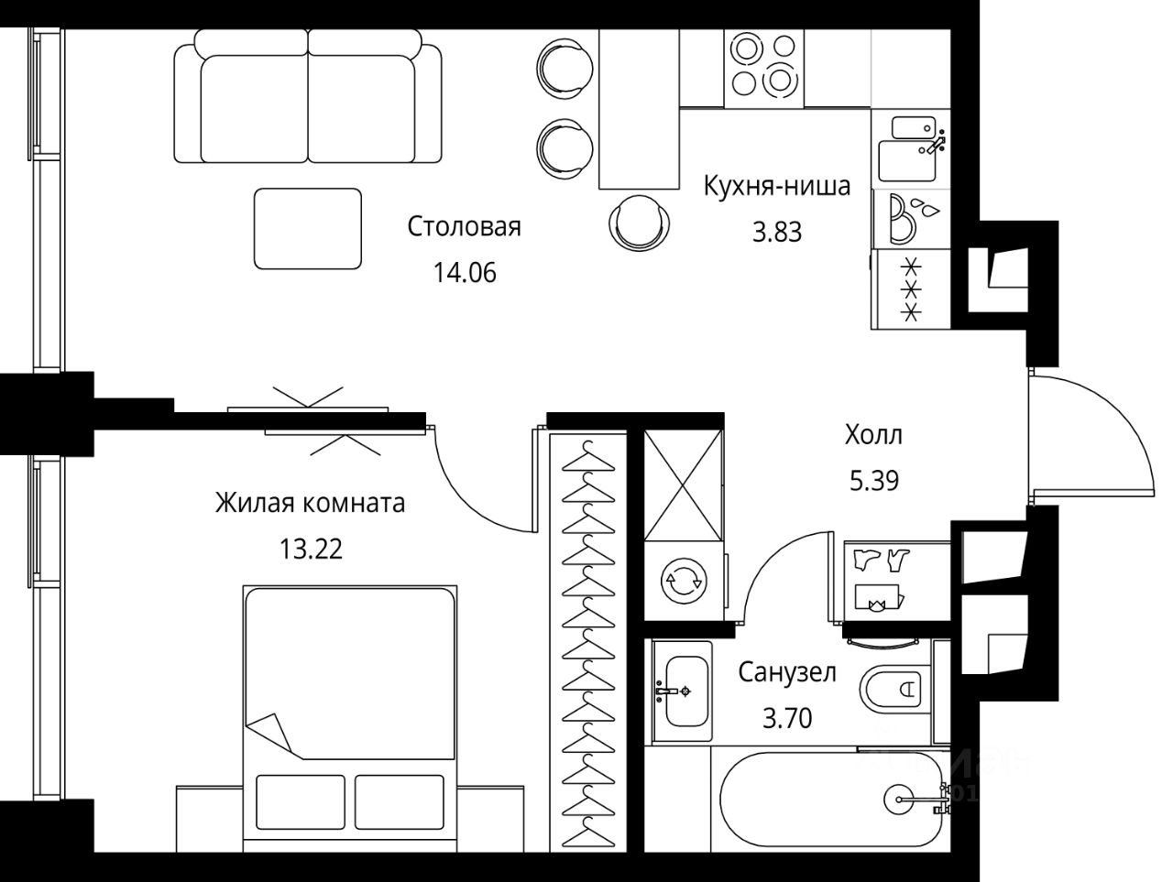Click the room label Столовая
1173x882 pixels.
coord(464,226)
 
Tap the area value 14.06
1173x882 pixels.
coord(465,273)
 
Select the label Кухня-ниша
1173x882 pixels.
coord(776,186)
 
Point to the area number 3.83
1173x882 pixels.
coord(777,233)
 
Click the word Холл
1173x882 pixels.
coord(873,435)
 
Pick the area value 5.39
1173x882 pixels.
coord(874,481)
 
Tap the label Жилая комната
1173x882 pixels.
coord(310,503)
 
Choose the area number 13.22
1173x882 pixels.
coord(311,549)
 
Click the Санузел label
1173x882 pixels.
coord(787,672)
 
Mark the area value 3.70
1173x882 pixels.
coord(787,718)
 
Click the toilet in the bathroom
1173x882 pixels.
coord(892,690)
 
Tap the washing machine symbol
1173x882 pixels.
coord(684,581)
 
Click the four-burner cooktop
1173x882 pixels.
coord(763,69)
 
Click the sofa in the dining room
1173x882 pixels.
coord(308,96)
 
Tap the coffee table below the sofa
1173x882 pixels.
coord(308,228)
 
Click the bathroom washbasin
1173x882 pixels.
coord(684,691)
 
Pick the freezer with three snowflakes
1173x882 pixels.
coord(911,289)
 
